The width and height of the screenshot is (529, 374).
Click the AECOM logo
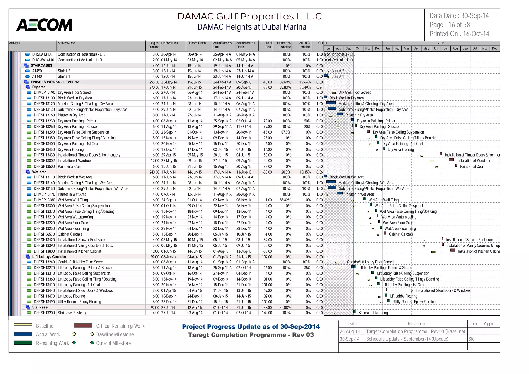click(44, 25)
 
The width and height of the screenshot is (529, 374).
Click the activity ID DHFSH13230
click(44, 121)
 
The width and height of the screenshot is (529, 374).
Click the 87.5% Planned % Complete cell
click(286, 132)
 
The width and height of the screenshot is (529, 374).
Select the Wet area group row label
click(39, 172)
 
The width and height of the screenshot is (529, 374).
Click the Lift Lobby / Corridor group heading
click(49, 257)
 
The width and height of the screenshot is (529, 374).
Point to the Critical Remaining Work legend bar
click(83, 325)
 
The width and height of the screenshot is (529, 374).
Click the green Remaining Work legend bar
click(23, 343)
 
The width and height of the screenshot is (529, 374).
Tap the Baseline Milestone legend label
click(115, 334)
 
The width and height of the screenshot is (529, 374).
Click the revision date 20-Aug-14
click(350, 331)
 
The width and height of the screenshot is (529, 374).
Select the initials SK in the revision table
click(471, 339)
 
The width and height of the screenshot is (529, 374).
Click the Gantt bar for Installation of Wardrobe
click(451, 160)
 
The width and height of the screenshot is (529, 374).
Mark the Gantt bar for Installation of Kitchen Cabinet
click(453, 250)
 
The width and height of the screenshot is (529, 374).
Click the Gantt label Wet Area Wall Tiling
click(383, 200)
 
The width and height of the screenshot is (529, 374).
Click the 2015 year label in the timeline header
click(441, 43)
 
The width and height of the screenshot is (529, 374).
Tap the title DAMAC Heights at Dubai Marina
click(252, 27)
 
